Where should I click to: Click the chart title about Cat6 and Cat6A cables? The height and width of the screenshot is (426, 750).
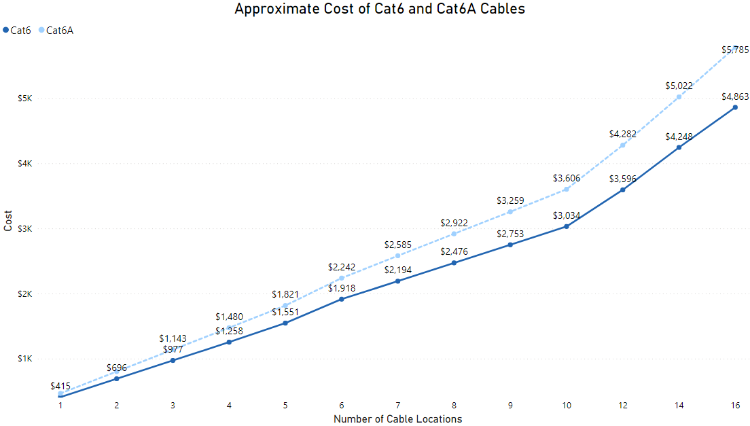[379, 9]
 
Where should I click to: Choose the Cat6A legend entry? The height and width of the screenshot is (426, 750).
[59, 30]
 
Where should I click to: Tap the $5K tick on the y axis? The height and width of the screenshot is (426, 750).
[25, 99]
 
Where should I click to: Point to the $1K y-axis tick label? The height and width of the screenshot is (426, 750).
[25, 359]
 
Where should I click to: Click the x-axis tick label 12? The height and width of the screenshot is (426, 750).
[622, 405]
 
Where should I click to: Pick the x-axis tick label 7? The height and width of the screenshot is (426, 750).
[397, 405]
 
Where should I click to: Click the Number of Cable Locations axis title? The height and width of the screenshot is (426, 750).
[397, 419]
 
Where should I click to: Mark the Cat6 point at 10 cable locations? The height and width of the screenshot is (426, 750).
[567, 226]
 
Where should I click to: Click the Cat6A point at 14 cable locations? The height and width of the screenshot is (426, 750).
[679, 97]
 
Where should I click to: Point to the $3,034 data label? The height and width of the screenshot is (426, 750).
[567, 215]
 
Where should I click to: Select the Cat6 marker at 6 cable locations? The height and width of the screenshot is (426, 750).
[341, 299]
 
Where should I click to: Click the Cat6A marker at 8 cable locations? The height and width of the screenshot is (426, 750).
[454, 234]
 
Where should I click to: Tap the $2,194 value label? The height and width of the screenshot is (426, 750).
[397, 270]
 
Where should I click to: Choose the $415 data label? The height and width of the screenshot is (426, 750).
[60, 386]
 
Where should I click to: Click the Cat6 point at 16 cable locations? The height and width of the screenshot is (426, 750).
[735, 107]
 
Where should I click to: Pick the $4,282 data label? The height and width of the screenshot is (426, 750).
[622, 134]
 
